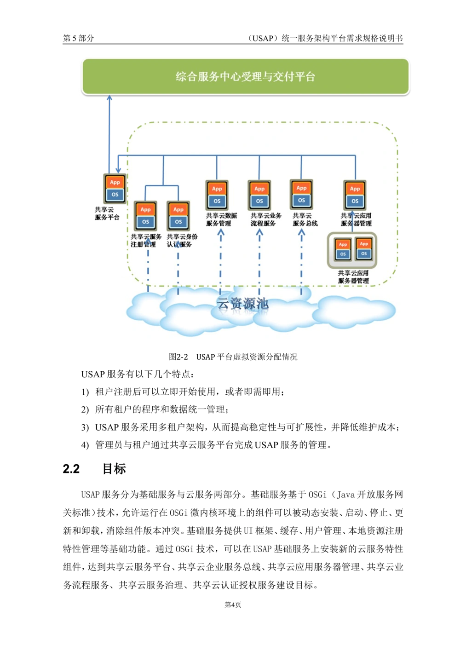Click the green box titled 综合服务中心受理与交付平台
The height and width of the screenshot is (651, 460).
click(x=245, y=76)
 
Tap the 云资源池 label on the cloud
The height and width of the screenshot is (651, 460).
click(x=242, y=304)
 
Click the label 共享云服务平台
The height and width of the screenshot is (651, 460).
click(x=107, y=213)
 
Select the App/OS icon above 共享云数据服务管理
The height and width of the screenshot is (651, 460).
click(x=217, y=195)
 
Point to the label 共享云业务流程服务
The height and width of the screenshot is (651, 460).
click(x=266, y=219)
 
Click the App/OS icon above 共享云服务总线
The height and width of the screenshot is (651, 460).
click(x=301, y=194)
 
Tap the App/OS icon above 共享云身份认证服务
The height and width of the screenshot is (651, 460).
click(x=178, y=216)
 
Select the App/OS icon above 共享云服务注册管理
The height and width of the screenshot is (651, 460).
click(x=145, y=216)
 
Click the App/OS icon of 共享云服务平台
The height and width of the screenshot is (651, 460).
click(x=115, y=189)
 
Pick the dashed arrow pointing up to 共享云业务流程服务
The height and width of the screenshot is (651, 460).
click(x=259, y=262)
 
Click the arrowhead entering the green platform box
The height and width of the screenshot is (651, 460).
click(x=109, y=98)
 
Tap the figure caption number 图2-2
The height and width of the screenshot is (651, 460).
click(x=178, y=357)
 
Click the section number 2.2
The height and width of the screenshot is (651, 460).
click(x=71, y=469)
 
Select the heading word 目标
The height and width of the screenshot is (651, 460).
click(x=114, y=469)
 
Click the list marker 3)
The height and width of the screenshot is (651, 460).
click(x=85, y=427)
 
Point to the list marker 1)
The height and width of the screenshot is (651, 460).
click(x=85, y=392)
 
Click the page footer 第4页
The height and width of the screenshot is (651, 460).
click(x=233, y=605)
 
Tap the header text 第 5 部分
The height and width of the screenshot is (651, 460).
click(x=79, y=38)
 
